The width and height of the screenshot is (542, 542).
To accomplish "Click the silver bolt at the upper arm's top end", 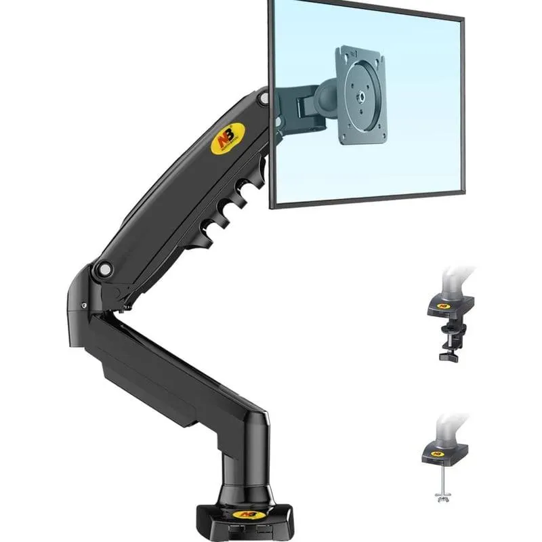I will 264,99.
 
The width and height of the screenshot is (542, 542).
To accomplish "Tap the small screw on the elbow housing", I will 85,307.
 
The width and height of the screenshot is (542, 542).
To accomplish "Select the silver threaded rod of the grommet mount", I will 444,481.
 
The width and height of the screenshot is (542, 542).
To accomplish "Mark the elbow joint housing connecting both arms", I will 88,298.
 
